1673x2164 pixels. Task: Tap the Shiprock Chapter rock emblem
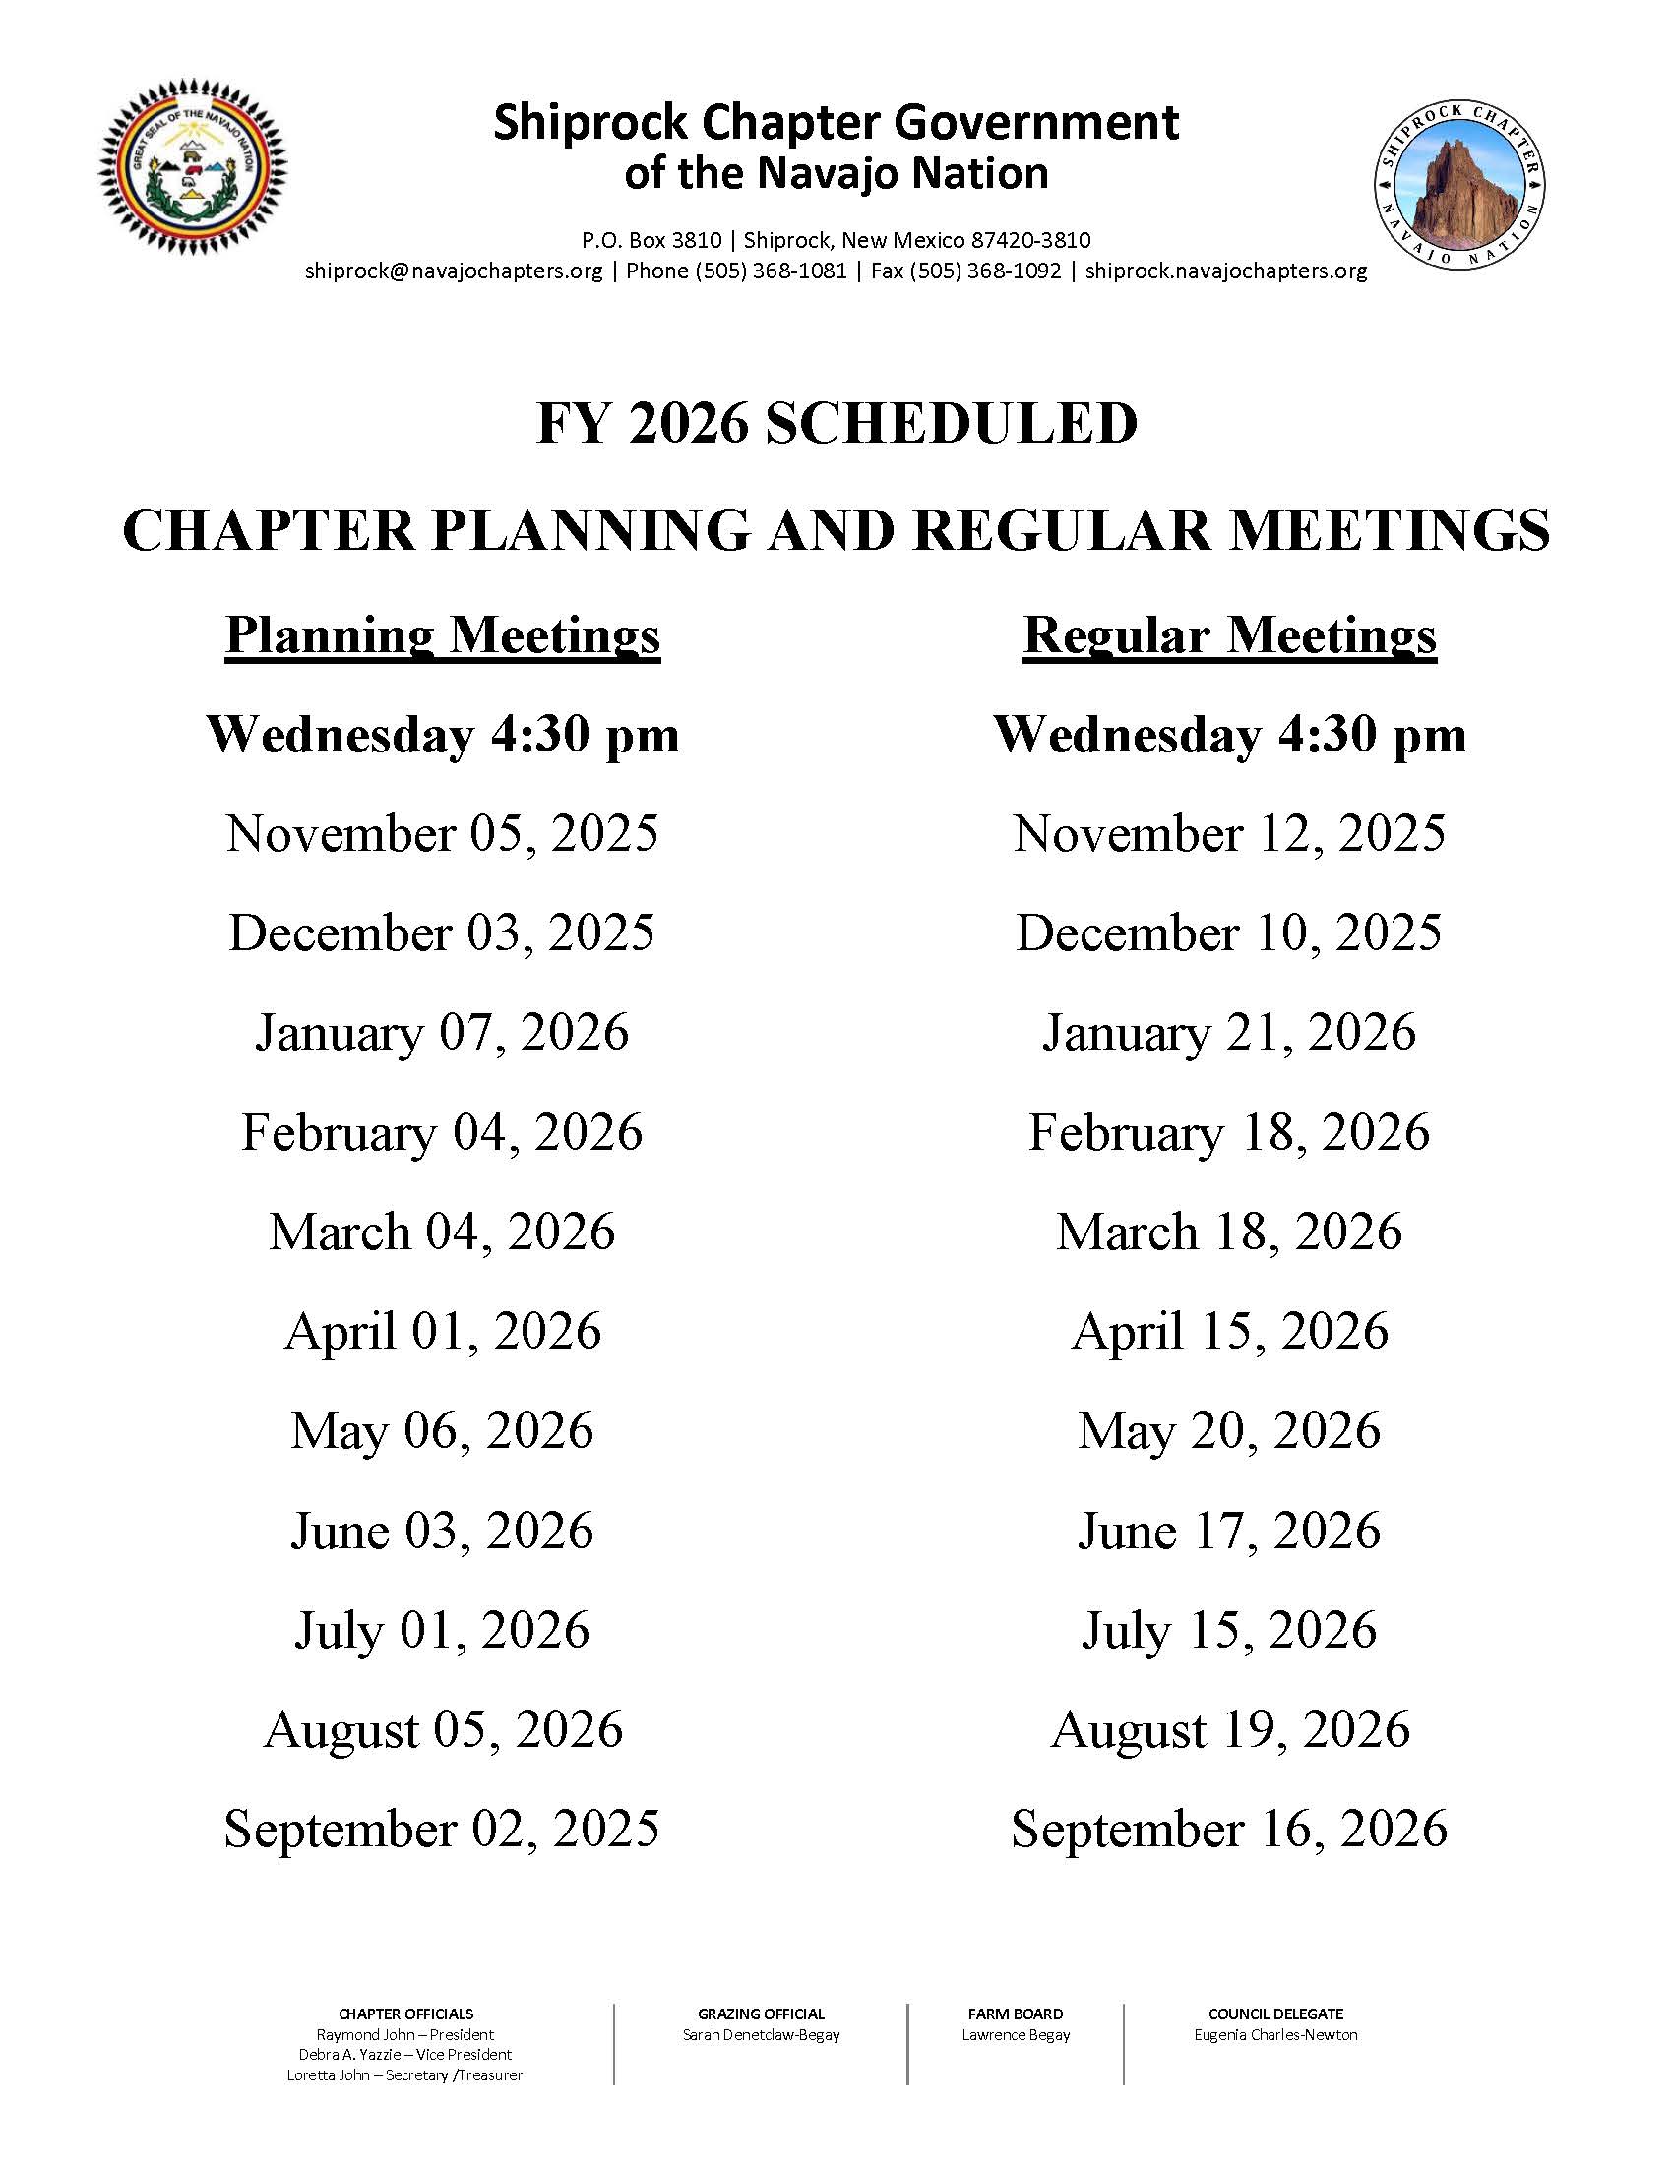tap(1459, 184)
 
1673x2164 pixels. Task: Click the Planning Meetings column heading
tap(442, 635)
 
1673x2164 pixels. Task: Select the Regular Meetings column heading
tap(1229, 635)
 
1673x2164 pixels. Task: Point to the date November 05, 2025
tap(442, 833)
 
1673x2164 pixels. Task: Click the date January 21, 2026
tap(1229, 1033)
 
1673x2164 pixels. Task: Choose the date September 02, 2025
tap(442, 1830)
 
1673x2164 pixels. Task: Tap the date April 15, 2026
tap(1229, 1331)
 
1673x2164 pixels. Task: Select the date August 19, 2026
tap(1229, 1730)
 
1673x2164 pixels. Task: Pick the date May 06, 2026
tap(442, 1431)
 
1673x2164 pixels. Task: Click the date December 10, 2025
tap(1229, 933)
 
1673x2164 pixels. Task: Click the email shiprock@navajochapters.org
tap(454, 270)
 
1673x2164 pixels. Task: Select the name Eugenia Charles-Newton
tap(1275, 2034)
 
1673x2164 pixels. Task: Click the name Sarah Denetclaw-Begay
tap(761, 2034)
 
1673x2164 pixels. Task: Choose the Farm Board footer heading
tap(1015, 2014)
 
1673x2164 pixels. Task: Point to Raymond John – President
tap(405, 2034)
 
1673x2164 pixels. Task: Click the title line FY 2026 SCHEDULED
tap(836, 424)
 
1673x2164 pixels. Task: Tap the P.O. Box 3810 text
tap(651, 240)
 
